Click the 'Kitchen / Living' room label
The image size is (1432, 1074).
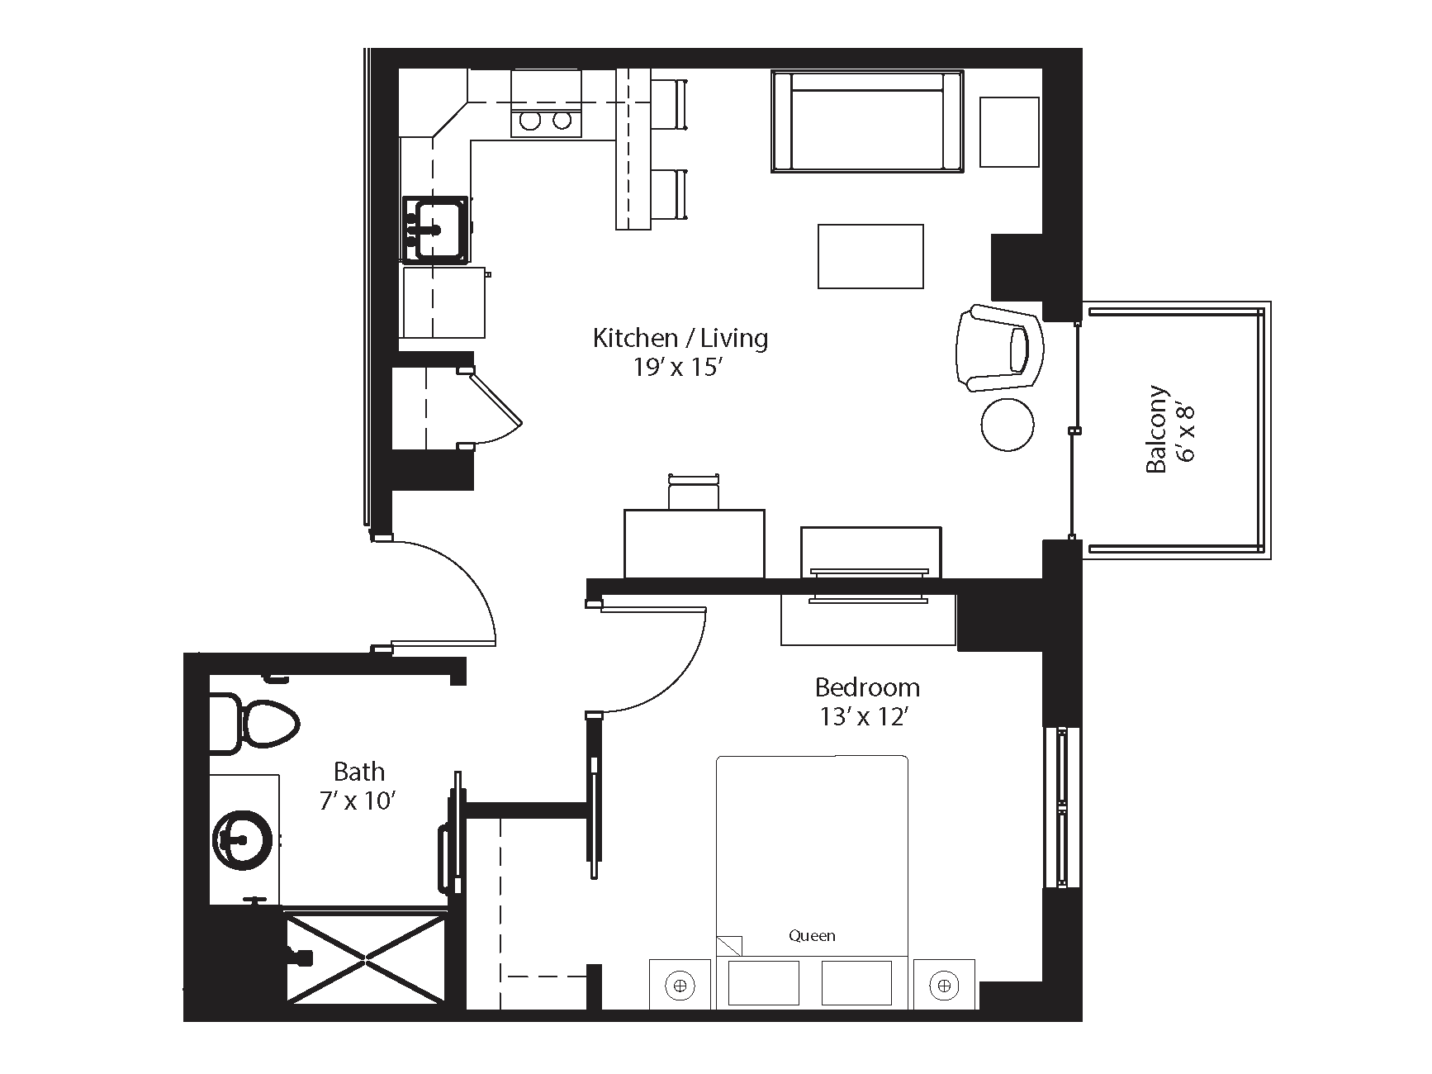click(680, 338)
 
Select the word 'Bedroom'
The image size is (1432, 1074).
click(867, 687)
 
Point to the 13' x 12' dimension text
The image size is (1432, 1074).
click(865, 716)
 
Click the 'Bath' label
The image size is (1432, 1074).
click(359, 772)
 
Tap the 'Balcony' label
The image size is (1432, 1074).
click(1157, 430)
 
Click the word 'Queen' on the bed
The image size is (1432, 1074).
click(812, 936)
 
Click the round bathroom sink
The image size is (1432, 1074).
click(243, 840)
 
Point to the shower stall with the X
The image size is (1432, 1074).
click(367, 958)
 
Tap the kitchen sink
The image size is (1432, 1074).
click(435, 228)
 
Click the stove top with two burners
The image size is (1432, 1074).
click(546, 121)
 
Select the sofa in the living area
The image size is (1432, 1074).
click(867, 121)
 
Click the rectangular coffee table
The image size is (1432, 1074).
click(870, 256)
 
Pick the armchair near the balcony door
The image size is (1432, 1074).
click(999, 348)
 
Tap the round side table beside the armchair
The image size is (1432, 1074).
click(1008, 425)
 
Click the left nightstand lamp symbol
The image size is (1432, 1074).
click(680, 985)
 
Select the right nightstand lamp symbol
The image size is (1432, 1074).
click(944, 985)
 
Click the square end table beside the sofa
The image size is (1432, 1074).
click(1009, 132)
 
